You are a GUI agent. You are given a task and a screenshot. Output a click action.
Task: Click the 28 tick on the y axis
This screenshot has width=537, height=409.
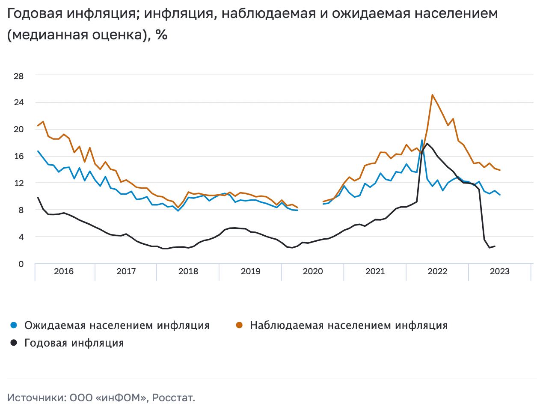pos(18,76)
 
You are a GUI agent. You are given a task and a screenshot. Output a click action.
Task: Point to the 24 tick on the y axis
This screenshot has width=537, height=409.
pos(18,103)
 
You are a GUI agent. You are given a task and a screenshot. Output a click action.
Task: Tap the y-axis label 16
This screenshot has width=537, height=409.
pos(18,156)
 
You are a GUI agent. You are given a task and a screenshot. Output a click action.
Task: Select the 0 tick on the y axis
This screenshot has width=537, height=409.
pos(21,264)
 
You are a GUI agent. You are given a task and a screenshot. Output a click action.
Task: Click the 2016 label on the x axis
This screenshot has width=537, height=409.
pos(64,271)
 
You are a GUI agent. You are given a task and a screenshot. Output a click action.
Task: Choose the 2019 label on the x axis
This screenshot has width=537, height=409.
pos(250,271)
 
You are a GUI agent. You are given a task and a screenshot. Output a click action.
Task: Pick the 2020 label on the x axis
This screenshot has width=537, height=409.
pos(313,271)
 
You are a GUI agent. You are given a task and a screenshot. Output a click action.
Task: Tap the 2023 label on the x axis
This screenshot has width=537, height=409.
pos(499,271)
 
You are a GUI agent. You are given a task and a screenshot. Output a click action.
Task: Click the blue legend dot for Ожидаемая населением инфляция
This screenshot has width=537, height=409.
pos(14,325)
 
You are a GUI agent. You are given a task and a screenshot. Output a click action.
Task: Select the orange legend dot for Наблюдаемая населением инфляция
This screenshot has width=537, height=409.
pos(239,325)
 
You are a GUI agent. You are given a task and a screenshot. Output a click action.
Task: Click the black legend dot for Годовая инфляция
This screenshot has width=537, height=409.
pos(14,343)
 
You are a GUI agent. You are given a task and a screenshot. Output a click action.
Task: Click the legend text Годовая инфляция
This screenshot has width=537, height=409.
pos(74,343)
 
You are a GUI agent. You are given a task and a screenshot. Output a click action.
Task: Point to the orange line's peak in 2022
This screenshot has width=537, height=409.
pos(432,95)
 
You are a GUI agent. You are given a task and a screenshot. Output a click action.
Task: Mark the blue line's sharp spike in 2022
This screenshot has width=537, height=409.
pos(422,140)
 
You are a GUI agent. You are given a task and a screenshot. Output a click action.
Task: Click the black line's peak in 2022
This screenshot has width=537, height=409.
pos(427,144)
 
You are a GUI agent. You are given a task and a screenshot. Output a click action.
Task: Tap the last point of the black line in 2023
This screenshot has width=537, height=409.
pos(495,246)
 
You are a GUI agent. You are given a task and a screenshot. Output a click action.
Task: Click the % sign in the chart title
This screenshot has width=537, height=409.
pos(161,35)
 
